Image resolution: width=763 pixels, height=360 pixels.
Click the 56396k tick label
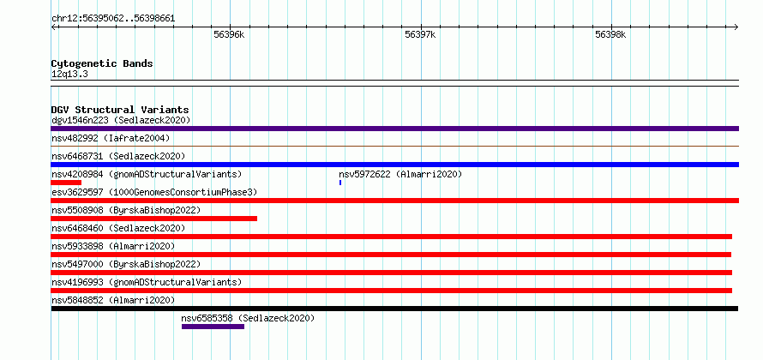229,34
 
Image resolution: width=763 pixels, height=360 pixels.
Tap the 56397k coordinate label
420,34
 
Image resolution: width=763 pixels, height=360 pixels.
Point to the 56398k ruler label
610,34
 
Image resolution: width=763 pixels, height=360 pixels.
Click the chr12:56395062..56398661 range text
113,19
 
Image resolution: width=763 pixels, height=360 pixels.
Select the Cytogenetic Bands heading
102,63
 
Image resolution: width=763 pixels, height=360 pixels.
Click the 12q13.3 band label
69,75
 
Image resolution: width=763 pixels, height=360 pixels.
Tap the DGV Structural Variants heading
120,110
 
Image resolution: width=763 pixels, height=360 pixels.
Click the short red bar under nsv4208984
66,183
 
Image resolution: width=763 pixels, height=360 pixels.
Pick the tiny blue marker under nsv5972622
340,183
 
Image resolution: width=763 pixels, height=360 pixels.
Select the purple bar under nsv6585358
213,327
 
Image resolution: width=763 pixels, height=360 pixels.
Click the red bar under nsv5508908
153,219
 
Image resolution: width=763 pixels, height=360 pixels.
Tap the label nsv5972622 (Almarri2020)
400,174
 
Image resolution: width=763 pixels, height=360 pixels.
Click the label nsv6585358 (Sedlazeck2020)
248,318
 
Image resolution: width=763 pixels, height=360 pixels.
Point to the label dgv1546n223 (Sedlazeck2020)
121,120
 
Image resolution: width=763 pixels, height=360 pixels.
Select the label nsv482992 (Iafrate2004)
111,138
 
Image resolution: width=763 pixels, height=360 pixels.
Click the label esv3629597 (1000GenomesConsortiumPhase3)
154,192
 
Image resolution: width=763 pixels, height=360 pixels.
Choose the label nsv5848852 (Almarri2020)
113,300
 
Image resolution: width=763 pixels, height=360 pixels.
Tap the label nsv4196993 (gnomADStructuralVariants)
147,282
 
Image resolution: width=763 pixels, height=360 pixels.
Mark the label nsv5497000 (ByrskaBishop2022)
126,264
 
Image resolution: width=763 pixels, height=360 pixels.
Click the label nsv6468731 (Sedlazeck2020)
118,156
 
